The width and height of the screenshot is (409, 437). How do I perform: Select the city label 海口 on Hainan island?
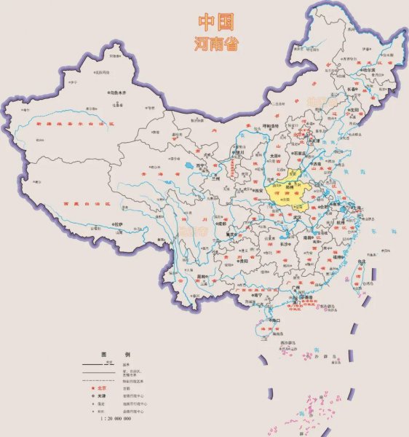click(x=275, y=320)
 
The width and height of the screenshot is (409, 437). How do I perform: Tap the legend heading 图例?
click(x=114, y=352)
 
